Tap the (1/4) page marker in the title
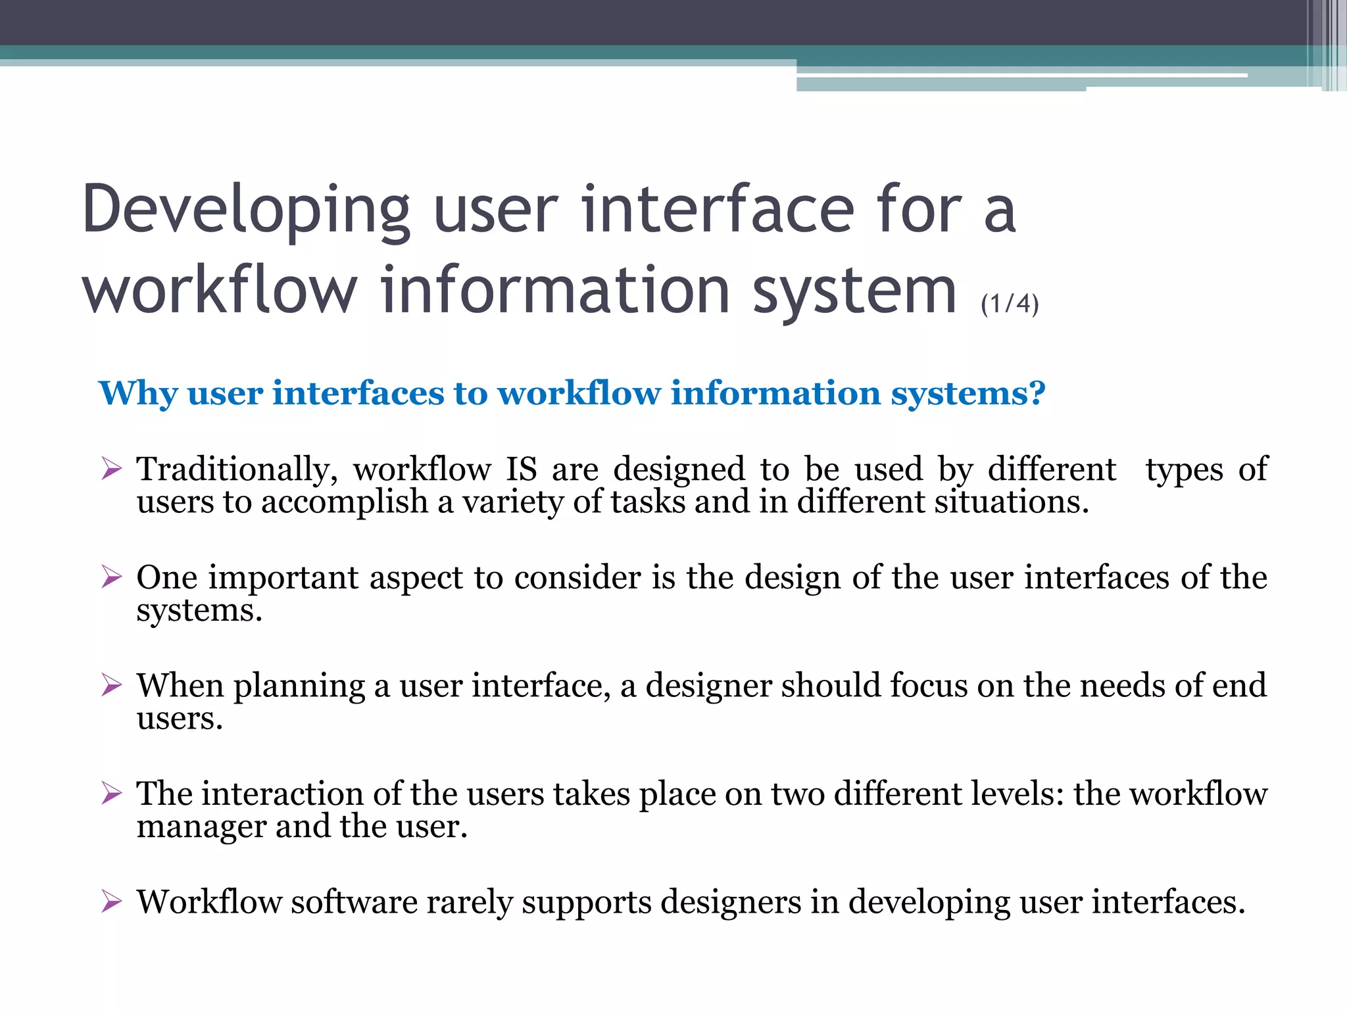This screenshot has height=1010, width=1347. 1010,304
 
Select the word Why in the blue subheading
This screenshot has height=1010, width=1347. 138,395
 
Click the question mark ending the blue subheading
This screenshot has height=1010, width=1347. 1037,393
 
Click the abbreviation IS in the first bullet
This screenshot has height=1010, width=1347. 521,469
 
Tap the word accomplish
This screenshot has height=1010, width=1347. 345,503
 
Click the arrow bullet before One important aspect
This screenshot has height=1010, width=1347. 112,577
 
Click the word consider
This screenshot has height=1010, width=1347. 577,577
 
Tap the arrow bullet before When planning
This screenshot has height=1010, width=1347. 112,685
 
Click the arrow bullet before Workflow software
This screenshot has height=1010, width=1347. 112,902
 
